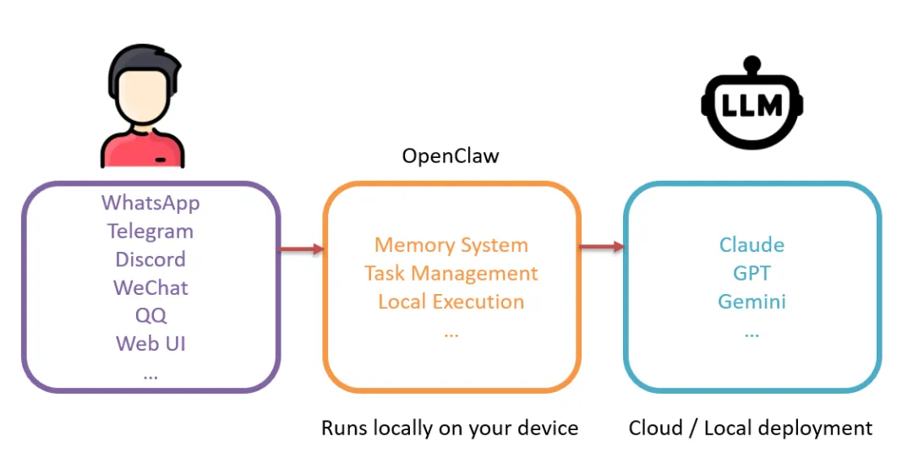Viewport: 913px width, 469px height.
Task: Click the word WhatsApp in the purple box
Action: (150, 203)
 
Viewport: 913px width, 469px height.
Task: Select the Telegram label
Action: (150, 231)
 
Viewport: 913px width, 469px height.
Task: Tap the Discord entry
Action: (150, 259)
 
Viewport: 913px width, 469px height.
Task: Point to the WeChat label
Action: (150, 287)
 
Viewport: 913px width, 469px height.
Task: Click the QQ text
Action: (150, 315)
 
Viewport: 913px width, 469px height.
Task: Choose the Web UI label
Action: (150, 343)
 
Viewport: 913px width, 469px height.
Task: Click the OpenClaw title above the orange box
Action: (451, 156)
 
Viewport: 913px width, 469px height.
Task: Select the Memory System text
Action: (451, 245)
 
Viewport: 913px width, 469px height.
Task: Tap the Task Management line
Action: (451, 273)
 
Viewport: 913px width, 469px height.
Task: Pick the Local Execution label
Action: (451, 302)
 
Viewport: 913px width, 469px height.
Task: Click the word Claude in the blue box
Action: (752, 245)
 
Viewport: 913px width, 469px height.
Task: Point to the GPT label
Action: (752, 273)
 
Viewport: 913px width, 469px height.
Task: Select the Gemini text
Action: (752, 302)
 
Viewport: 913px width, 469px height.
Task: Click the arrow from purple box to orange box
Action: (302, 248)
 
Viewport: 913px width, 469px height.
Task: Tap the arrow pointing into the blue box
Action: (602, 247)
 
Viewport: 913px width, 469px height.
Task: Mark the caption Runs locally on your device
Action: (450, 428)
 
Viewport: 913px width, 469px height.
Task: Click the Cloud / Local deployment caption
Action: (751, 428)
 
